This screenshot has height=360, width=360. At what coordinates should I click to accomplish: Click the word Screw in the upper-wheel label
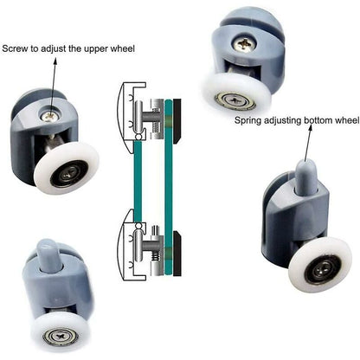(x=17, y=48)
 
